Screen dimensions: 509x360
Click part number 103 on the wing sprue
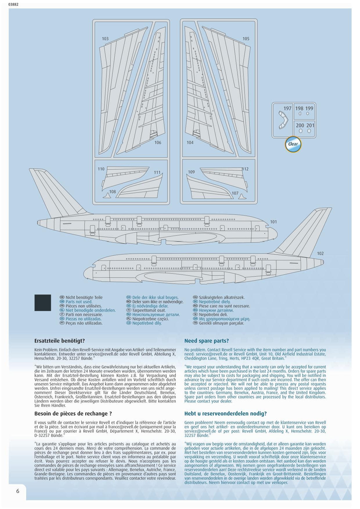pyautogui.click(x=105, y=39)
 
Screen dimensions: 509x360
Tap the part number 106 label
pyautogui.click(x=158, y=142)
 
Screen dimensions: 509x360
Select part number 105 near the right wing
pyautogui.click(x=246, y=39)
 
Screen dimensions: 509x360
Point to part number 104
pyautogui.click(x=190, y=142)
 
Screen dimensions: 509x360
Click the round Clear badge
pyautogui.click(x=293, y=144)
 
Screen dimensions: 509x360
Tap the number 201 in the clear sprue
pyautogui.click(x=310, y=125)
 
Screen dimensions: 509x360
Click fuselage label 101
pyautogui.click(x=273, y=222)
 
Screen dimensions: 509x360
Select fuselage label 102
pyautogui.click(x=320, y=254)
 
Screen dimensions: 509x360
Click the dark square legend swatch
pyautogui.click(x=43, y=303)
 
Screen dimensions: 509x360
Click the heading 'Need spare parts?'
pyautogui.click(x=206, y=341)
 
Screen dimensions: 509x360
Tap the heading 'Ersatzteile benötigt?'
pyautogui.click(x=60, y=341)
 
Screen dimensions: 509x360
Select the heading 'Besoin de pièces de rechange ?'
pyautogui.click(x=73, y=414)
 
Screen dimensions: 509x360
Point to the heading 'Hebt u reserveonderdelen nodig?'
pyautogui.click(x=225, y=414)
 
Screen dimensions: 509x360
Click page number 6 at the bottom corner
pyautogui.click(x=18, y=491)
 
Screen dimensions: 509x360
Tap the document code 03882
pyautogui.click(x=13, y=4)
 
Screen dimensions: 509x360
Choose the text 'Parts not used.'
pyautogui.click(x=79, y=302)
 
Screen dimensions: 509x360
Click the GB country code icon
pyautogui.click(x=62, y=302)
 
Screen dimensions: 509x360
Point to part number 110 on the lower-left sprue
pyautogui.click(x=101, y=169)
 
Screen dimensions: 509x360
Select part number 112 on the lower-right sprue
pyautogui.click(x=245, y=169)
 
